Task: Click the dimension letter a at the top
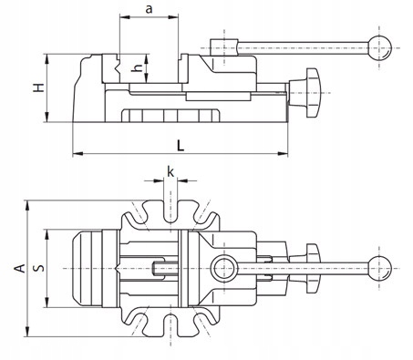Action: click(149, 9)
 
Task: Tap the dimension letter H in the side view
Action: click(39, 87)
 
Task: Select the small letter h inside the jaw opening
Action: click(138, 68)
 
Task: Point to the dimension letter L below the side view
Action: click(181, 146)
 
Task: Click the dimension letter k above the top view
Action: click(170, 171)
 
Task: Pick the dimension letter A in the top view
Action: click(20, 268)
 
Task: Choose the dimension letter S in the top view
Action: click(39, 268)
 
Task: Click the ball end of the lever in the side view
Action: click(379, 48)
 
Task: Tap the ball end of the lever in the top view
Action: click(379, 269)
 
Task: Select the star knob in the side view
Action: click(309, 92)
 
